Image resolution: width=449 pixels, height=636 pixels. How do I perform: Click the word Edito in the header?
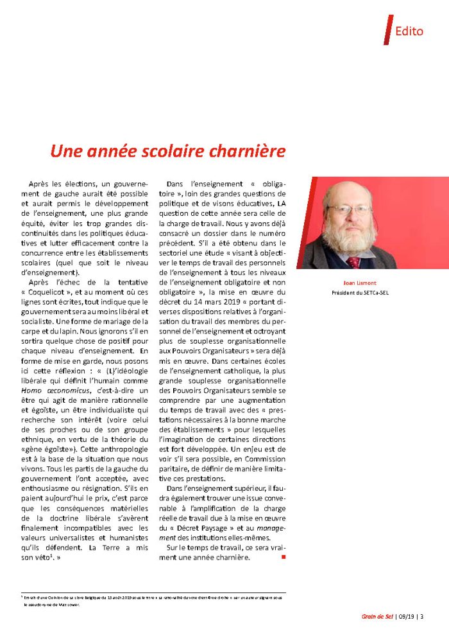(409, 31)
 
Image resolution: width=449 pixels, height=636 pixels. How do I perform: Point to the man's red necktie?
(353, 261)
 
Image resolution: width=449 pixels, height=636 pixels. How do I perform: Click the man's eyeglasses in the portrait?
(348, 209)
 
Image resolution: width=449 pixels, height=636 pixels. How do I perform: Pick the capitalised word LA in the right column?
(282, 205)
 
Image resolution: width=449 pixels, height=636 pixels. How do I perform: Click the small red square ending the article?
(284, 556)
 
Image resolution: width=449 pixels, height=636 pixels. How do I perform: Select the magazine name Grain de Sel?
(377, 617)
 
